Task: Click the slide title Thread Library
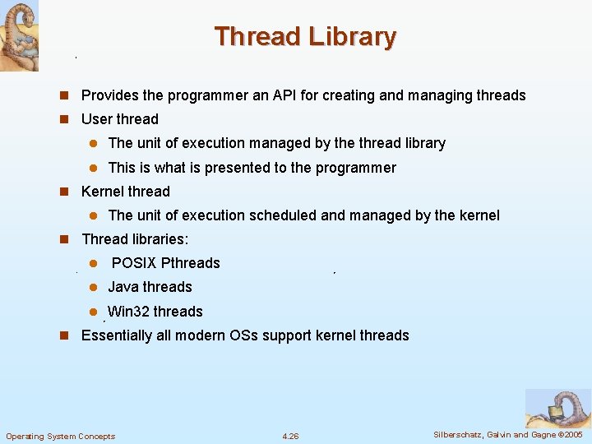[x=305, y=37]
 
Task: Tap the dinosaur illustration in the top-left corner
[x=19, y=36]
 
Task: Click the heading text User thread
[x=119, y=119]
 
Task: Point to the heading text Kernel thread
[x=125, y=192]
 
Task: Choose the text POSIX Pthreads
[x=165, y=263]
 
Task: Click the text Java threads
[x=150, y=287]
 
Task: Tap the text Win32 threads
[x=155, y=312]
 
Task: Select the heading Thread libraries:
[x=135, y=239]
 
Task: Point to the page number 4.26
[x=290, y=436]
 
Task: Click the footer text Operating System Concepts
[x=61, y=436]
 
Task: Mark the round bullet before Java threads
[x=94, y=287]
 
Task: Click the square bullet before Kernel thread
[x=63, y=192]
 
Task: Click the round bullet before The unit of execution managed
[x=94, y=144]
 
